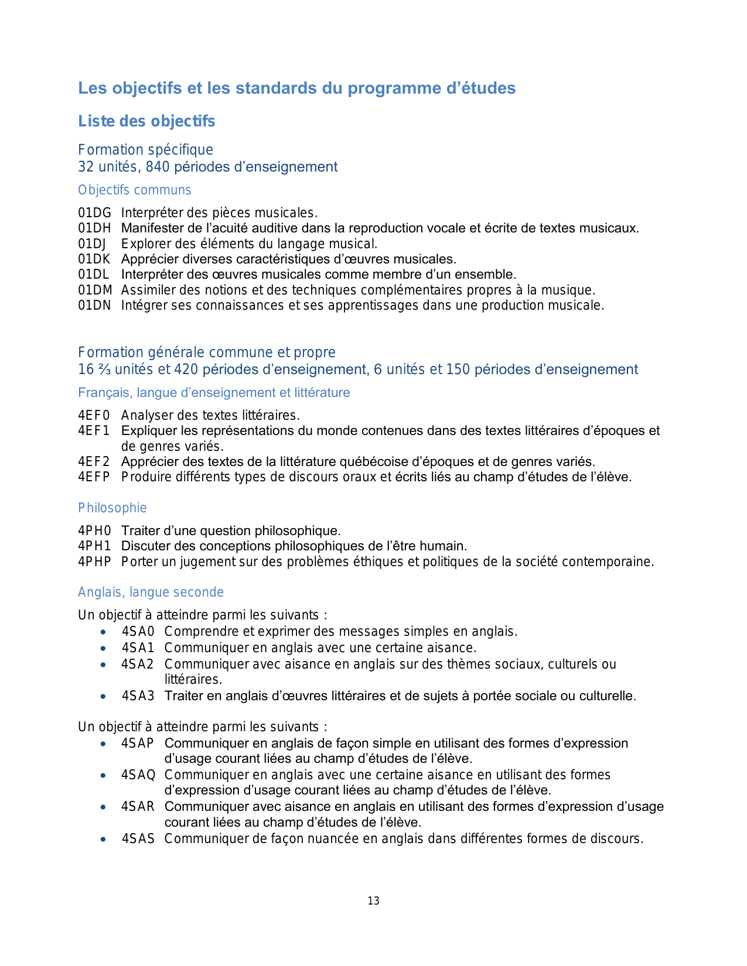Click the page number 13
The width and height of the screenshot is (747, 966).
(373, 901)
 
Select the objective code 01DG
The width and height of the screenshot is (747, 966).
(94, 213)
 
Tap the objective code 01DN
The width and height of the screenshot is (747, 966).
(94, 306)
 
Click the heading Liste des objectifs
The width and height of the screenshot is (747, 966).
(146, 121)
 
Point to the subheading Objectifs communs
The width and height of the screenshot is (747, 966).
(134, 190)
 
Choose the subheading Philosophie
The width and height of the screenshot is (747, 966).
(112, 508)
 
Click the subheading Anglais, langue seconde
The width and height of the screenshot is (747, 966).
(151, 592)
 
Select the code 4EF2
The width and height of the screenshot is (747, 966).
(94, 462)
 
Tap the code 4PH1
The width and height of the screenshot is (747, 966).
(94, 546)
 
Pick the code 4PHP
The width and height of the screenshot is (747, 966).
(94, 562)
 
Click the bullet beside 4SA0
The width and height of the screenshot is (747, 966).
(103, 632)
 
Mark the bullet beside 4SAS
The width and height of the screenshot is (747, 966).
(103, 840)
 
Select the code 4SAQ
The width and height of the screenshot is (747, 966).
(138, 775)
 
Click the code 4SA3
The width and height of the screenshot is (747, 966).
(138, 696)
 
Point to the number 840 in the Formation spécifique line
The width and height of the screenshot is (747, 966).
(158, 167)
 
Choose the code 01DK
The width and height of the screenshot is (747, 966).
(94, 259)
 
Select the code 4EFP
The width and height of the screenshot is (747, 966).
(94, 477)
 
